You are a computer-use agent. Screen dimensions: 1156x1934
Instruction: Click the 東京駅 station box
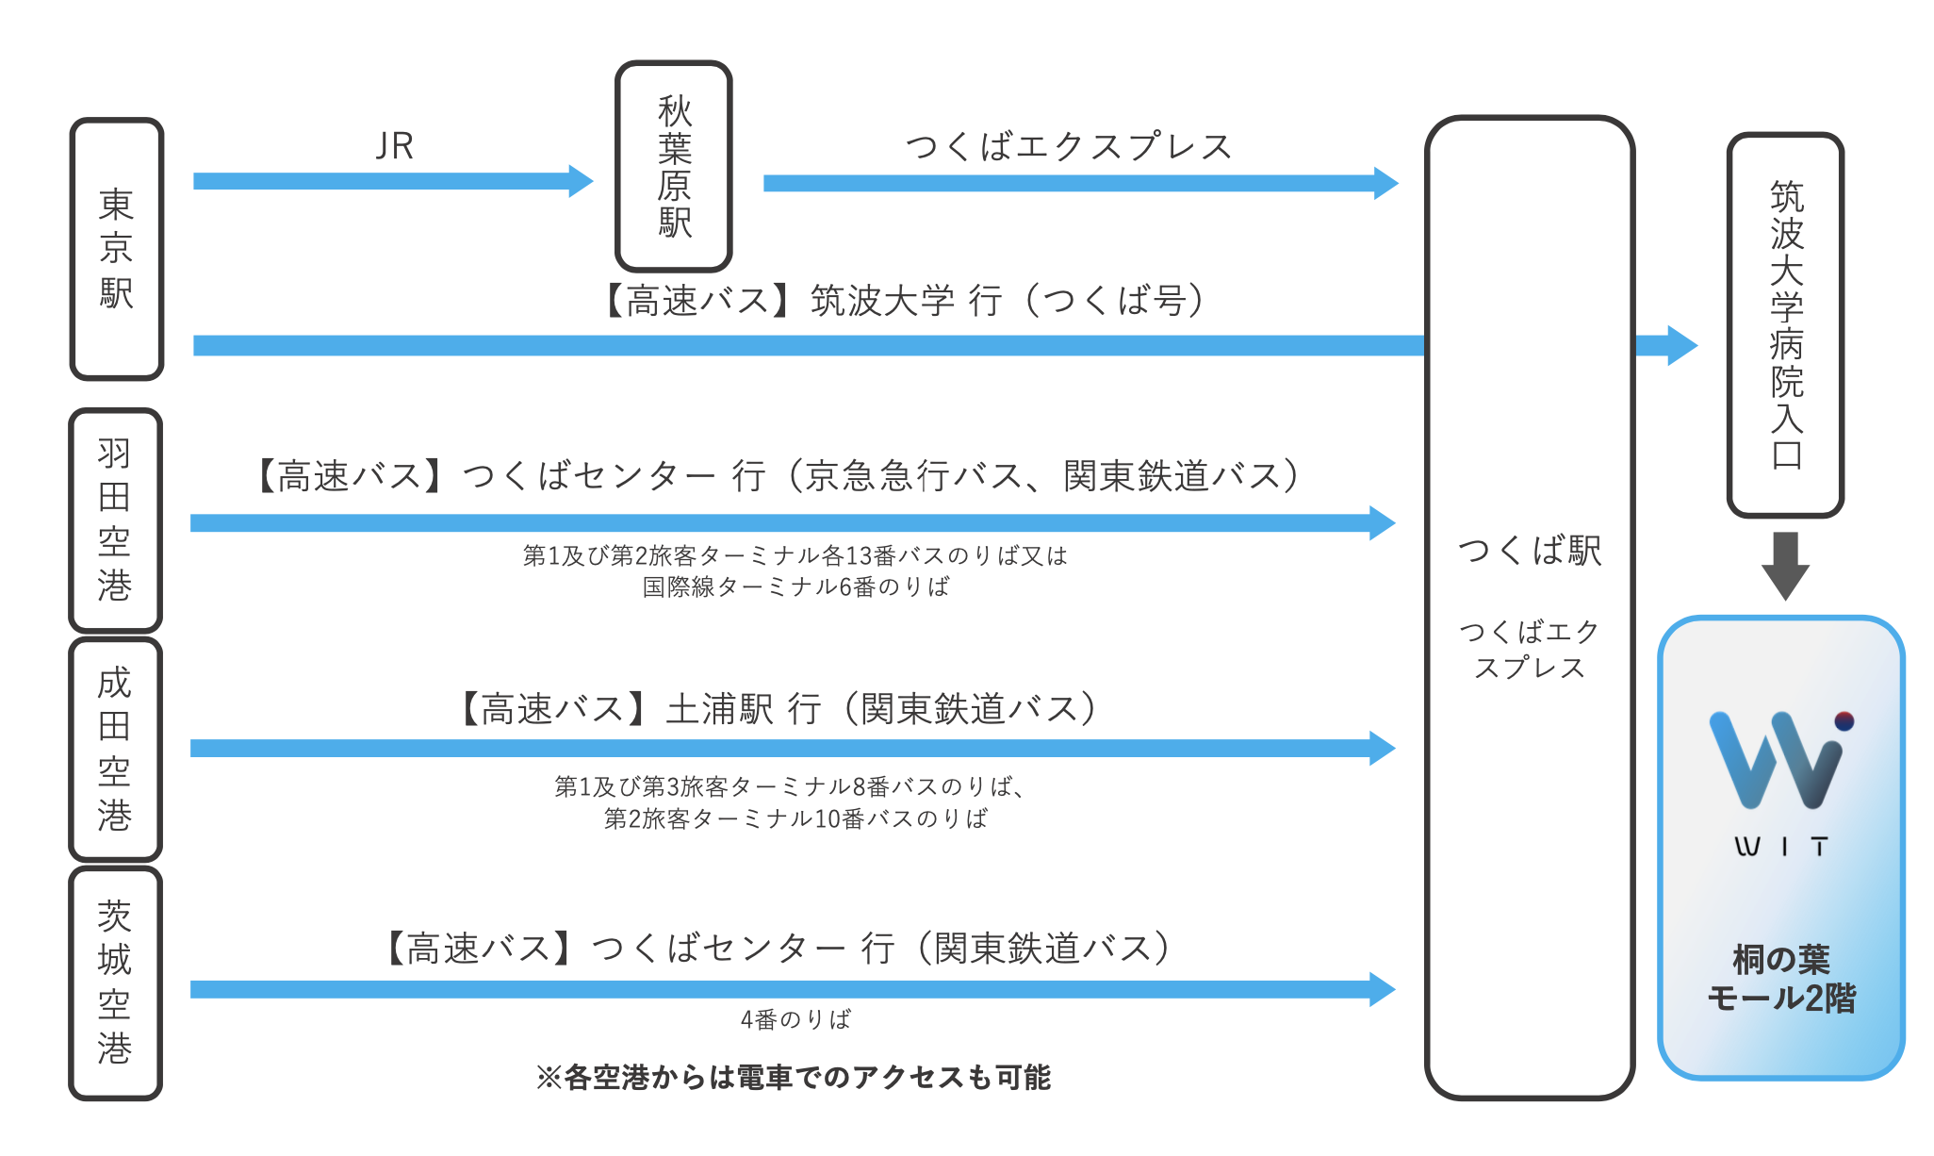click(117, 249)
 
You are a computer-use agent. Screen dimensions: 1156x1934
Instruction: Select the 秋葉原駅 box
click(674, 167)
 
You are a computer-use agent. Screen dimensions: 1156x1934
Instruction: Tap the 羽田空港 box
click(115, 520)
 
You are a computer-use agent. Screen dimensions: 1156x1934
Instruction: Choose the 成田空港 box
click(115, 750)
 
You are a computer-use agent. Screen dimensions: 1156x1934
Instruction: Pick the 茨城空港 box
click(115, 982)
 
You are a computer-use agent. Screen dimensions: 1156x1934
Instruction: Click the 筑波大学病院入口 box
click(1785, 324)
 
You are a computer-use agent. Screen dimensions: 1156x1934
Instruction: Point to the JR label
click(394, 146)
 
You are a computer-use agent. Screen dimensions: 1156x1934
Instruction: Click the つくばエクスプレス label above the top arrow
click(1069, 146)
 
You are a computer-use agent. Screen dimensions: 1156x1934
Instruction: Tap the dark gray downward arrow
click(1785, 565)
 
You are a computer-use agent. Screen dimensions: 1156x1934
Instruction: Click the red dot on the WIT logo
click(1844, 721)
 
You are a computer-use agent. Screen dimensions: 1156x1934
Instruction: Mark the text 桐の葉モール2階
click(1780, 979)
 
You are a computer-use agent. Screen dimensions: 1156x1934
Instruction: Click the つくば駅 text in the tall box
click(1530, 550)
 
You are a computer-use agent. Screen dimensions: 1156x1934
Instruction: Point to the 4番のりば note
click(795, 1019)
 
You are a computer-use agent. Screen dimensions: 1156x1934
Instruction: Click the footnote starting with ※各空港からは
click(793, 1077)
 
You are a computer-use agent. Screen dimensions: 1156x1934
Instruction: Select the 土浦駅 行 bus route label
click(779, 709)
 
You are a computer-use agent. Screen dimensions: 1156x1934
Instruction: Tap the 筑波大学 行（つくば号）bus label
click(903, 301)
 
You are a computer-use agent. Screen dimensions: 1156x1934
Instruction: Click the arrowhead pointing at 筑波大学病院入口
click(1680, 345)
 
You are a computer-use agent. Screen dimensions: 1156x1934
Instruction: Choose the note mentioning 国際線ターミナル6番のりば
click(795, 586)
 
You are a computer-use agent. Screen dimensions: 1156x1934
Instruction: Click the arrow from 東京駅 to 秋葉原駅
click(392, 181)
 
